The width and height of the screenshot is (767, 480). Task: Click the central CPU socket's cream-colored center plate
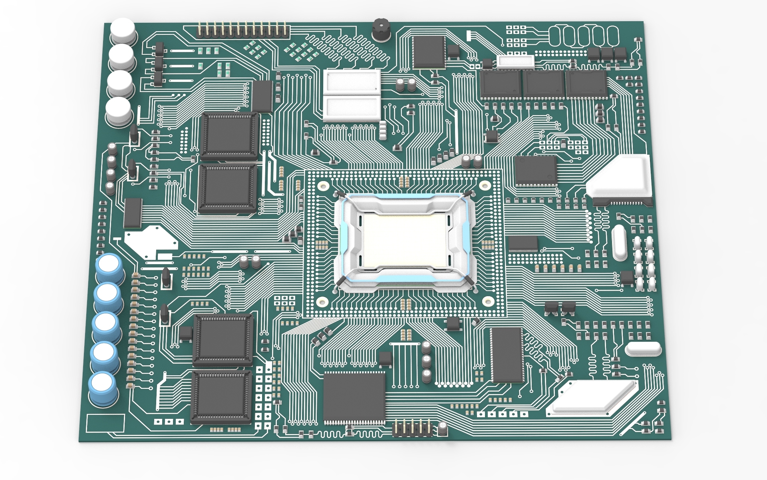(x=404, y=241)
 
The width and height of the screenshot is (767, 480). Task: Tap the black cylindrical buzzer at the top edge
(x=381, y=30)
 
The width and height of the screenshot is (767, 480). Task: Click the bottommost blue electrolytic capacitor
(x=103, y=388)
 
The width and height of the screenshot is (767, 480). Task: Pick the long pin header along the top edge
(x=242, y=30)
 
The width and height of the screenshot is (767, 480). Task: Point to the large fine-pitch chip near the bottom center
(x=354, y=398)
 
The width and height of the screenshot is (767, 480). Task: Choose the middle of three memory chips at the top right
(x=543, y=84)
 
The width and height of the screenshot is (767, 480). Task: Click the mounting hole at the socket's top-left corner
(x=323, y=186)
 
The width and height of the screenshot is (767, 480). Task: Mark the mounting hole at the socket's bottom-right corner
(x=488, y=301)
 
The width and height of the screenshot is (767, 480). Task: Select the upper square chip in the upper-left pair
(x=229, y=136)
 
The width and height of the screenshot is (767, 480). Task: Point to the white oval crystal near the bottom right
(x=643, y=349)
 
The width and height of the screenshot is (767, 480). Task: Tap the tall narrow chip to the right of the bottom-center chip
(x=507, y=355)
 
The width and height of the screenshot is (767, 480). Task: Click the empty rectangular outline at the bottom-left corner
(x=105, y=423)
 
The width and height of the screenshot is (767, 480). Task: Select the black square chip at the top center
(x=429, y=52)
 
